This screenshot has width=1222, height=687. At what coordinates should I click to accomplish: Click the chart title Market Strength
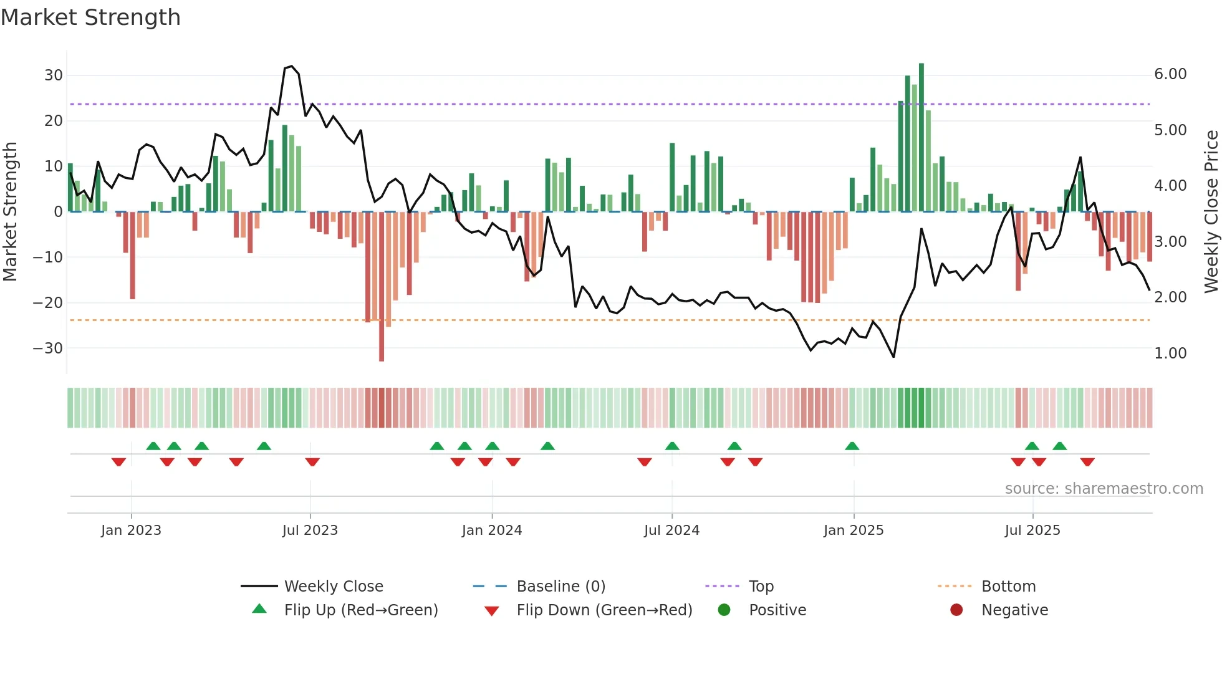tap(90, 17)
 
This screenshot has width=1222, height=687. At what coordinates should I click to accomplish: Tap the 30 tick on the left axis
tap(54, 75)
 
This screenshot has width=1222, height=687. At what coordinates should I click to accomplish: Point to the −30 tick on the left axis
tap(49, 348)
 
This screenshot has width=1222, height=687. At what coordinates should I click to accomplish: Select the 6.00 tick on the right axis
tap(1170, 74)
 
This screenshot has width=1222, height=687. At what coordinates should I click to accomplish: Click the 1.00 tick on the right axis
tap(1170, 353)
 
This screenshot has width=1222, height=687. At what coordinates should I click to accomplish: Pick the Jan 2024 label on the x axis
tap(492, 531)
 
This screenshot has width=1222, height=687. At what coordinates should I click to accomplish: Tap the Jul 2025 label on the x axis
tap(1032, 531)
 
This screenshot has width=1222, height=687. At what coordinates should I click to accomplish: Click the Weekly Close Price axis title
tap(1211, 211)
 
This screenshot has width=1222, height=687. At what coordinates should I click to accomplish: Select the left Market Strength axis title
tap(10, 211)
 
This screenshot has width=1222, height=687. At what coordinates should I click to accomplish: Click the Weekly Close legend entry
tap(334, 587)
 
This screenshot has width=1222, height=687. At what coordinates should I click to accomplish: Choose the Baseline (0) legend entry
tap(560, 587)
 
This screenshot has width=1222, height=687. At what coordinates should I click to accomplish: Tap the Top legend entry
tap(761, 587)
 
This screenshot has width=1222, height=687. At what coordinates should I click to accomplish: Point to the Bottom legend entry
tap(1008, 587)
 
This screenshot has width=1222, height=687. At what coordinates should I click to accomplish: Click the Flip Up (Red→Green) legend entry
tap(361, 610)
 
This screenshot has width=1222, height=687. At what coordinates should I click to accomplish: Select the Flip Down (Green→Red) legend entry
tap(604, 610)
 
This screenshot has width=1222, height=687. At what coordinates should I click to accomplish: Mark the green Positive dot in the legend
tap(724, 610)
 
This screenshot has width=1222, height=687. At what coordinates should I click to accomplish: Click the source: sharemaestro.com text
tap(1104, 489)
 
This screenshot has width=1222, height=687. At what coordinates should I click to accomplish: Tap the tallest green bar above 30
tap(921, 137)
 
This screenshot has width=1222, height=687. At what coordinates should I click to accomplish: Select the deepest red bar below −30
tap(382, 287)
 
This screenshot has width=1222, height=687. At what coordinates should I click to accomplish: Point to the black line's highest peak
tap(291, 66)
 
